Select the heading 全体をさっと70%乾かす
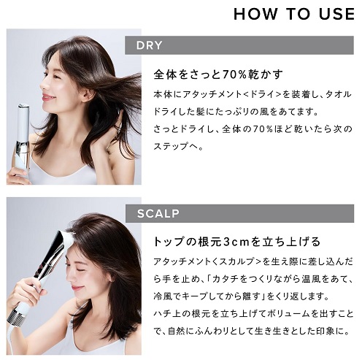[218, 75]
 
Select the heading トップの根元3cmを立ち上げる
[236, 242]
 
